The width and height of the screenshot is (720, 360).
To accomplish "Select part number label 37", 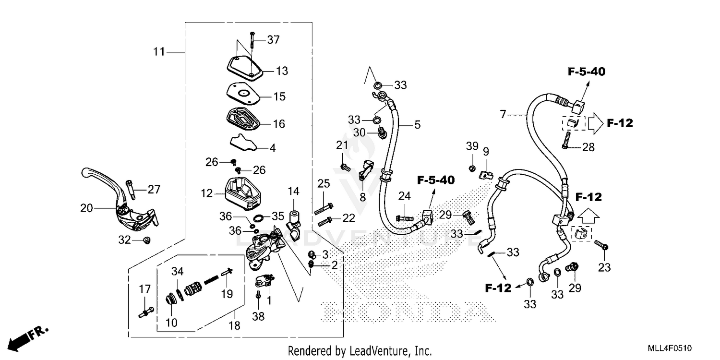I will (x=273, y=40).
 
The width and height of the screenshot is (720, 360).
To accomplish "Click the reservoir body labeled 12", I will (x=242, y=193).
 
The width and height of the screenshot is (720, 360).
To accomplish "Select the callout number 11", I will (x=159, y=51).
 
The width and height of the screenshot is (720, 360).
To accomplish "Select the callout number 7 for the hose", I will (x=503, y=115).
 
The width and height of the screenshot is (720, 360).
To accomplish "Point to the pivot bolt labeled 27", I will (x=130, y=189).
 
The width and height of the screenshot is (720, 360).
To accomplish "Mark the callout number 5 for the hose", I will (x=417, y=125).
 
